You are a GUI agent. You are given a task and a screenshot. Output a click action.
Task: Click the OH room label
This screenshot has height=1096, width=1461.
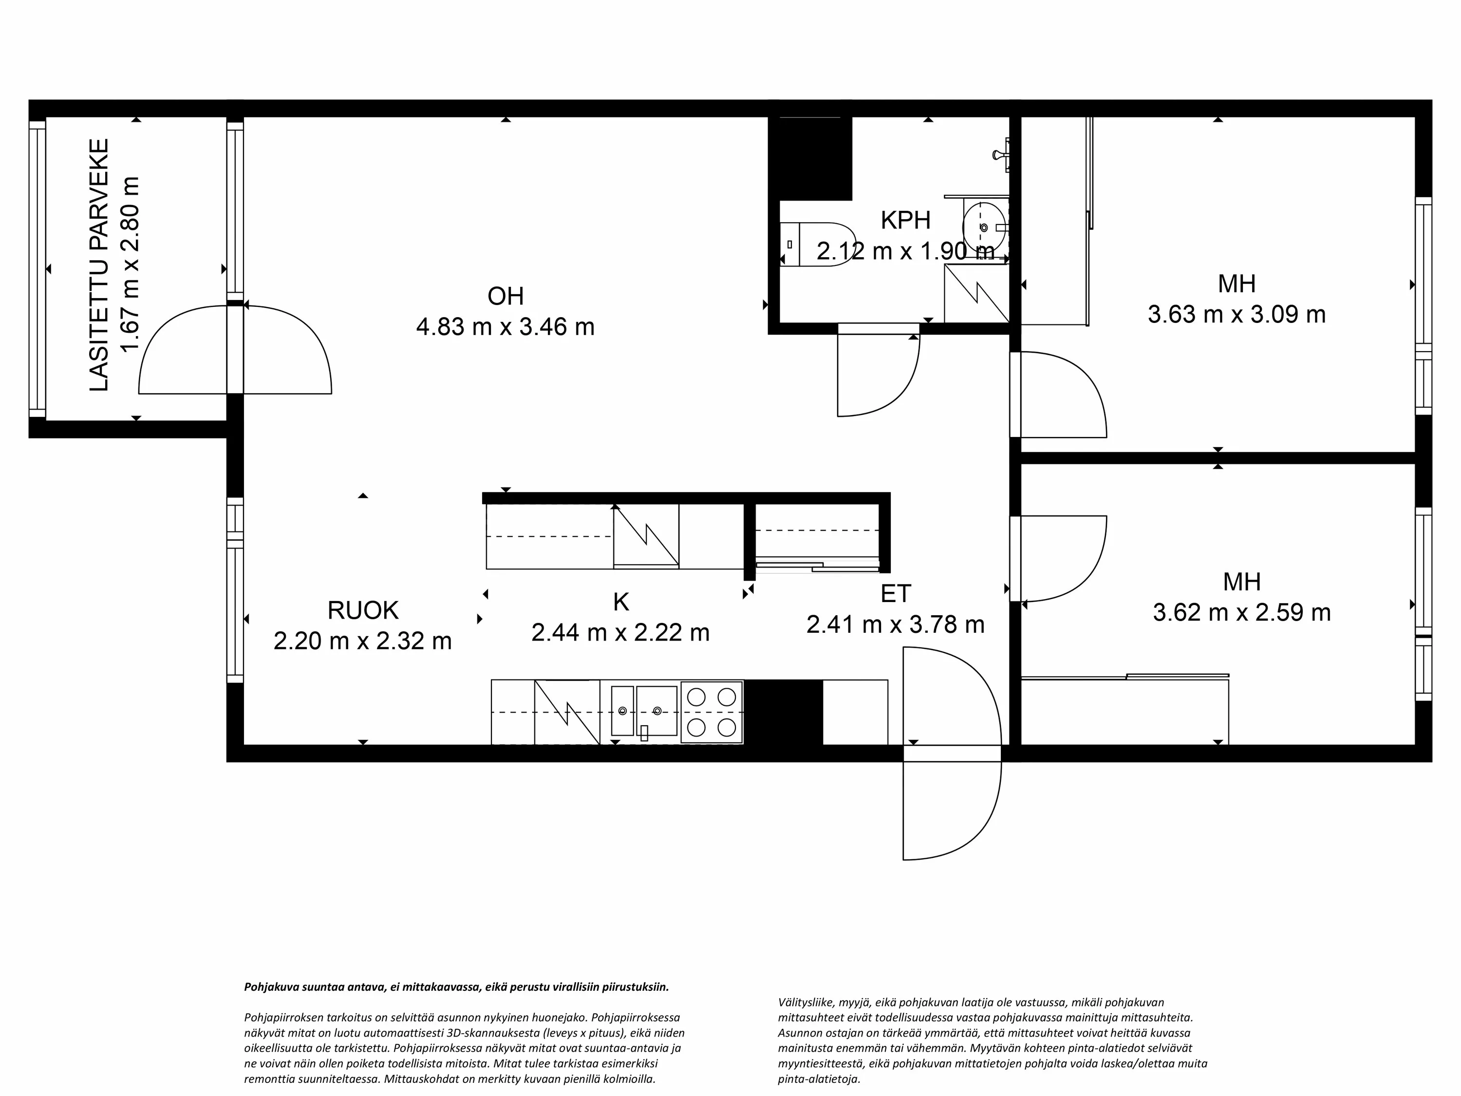click(506, 296)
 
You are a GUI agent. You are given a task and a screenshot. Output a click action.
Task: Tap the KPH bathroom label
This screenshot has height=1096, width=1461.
click(905, 220)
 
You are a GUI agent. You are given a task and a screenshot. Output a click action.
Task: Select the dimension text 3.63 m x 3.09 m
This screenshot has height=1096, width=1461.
click(1236, 315)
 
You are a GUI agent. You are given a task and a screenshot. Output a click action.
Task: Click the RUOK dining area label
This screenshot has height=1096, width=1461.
click(363, 610)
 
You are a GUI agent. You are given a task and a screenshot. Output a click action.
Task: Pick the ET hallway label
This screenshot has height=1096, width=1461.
click(896, 594)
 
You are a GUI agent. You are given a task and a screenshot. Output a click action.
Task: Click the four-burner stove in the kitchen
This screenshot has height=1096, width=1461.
click(712, 712)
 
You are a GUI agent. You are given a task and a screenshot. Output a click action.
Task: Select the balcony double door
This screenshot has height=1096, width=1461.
click(235, 349)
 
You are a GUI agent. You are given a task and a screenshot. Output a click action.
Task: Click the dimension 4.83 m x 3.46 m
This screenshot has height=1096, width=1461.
click(506, 327)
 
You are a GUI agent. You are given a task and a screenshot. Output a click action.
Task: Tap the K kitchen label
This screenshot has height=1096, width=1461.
click(621, 602)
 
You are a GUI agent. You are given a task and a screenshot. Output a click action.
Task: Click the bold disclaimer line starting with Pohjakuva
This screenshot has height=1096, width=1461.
click(456, 987)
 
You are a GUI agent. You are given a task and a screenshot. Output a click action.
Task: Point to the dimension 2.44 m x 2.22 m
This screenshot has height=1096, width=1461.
click(621, 633)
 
